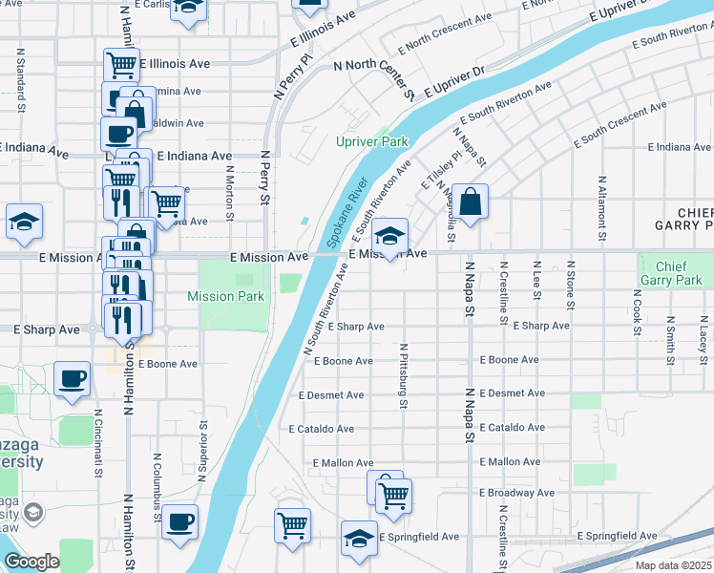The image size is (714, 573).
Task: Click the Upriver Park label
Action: pos(371,141)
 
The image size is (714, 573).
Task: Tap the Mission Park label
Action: pos(225,296)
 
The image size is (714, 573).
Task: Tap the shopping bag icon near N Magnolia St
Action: pos(471,202)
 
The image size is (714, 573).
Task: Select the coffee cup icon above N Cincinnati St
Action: pos(72,380)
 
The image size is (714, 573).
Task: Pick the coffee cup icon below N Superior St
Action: pos(179,522)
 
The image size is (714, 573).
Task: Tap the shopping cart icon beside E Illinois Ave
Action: pos(121,65)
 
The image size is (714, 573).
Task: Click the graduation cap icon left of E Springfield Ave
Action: pos(359,540)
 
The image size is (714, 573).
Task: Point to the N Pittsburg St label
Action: pos(405,377)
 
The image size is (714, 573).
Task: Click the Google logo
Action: pos(32,562)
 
